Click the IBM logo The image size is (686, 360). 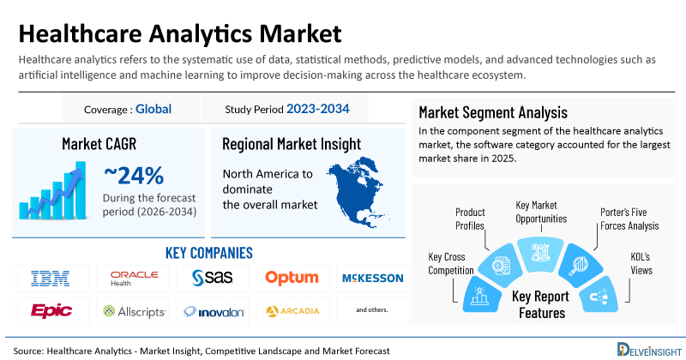(51, 279)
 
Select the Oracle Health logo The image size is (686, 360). (134, 279)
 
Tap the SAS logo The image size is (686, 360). (213, 278)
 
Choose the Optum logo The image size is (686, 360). (292, 278)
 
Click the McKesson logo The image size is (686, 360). (373, 279)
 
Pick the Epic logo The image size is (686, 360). (51, 311)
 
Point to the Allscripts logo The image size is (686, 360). (134, 311)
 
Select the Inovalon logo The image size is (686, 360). (214, 311)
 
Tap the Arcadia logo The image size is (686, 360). (292, 311)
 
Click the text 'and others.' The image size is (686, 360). (372, 309)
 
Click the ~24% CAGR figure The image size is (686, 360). (134, 176)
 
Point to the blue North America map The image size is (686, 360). (358, 192)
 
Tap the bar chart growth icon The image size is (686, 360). (52, 190)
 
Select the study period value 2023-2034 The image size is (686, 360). (318, 109)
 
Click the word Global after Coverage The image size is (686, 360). (153, 109)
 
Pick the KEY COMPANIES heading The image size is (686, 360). (209, 253)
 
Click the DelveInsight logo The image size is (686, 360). (649, 350)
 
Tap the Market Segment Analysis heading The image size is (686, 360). (493, 112)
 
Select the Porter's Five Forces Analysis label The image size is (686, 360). (629, 219)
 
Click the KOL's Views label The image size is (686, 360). (641, 263)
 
